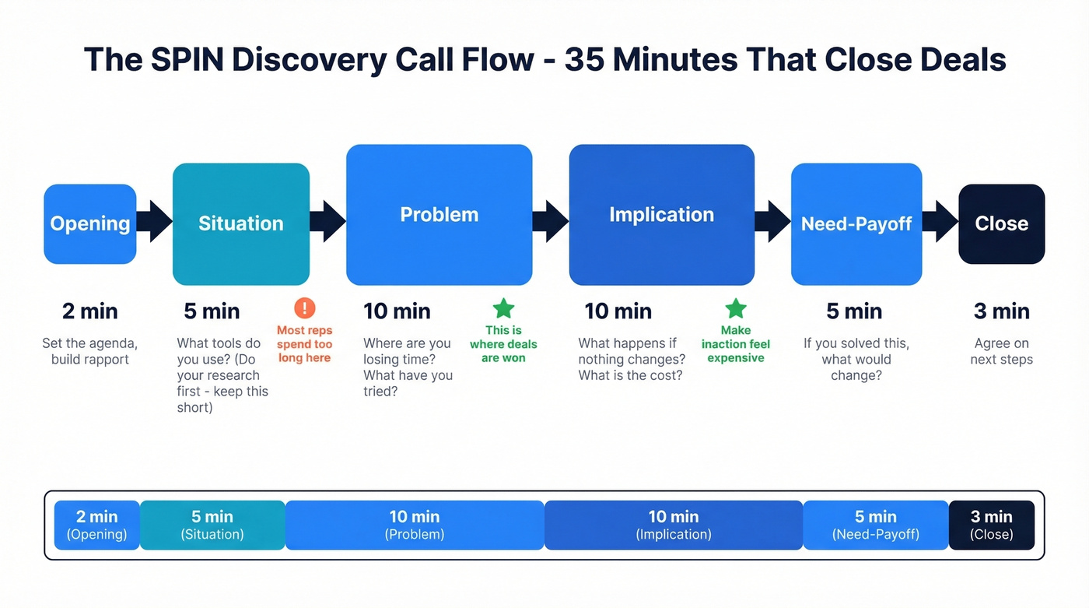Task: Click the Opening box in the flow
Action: tap(90, 223)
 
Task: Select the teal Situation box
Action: tap(241, 223)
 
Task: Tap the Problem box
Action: tap(439, 215)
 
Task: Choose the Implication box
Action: tap(662, 215)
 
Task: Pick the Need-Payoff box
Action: tap(856, 224)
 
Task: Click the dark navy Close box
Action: tap(1001, 223)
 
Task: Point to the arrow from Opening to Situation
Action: tap(155, 222)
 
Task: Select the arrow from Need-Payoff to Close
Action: tap(941, 222)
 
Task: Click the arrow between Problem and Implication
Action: tap(552, 222)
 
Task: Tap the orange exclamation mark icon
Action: tap(304, 308)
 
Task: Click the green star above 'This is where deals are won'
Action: tap(503, 308)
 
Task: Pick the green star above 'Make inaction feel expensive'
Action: tap(735, 309)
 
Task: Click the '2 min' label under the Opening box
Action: tap(90, 311)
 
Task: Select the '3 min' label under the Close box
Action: tap(1001, 311)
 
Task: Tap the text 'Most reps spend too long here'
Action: tap(304, 344)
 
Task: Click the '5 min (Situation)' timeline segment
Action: tap(212, 525)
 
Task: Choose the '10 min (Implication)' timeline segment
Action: tap(674, 525)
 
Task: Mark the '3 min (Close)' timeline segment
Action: tap(992, 525)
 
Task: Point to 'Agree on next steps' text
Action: tap(1001, 351)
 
